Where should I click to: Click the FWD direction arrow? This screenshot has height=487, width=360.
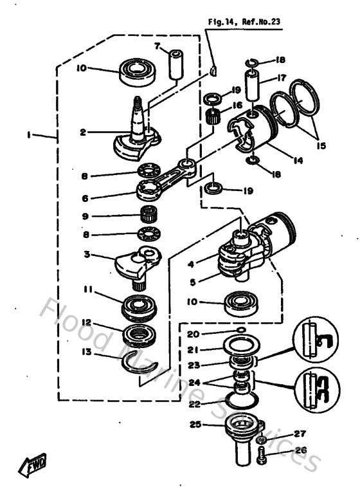pyautogui.click(x=32, y=463)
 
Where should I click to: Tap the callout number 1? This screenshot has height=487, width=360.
pyautogui.click(x=29, y=134)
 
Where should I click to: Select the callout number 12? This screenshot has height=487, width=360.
pyautogui.click(x=85, y=323)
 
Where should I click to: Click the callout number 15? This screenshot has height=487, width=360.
pyautogui.click(x=321, y=146)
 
